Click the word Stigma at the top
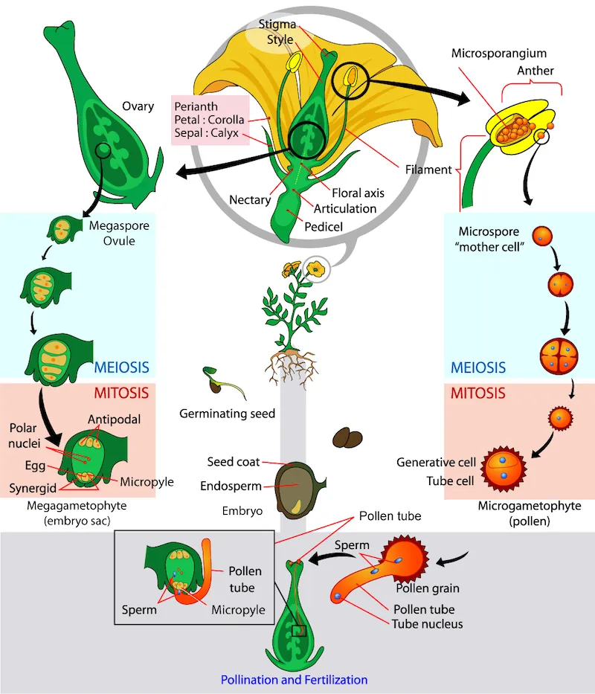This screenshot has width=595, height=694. [x=277, y=24]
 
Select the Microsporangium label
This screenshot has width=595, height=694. [x=499, y=54]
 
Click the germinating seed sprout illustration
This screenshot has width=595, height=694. [x=221, y=380]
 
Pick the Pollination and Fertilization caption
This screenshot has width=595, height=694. [x=294, y=679]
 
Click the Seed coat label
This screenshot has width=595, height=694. [x=234, y=462]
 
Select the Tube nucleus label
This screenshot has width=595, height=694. [x=427, y=623]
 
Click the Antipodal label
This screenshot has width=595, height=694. [x=115, y=420]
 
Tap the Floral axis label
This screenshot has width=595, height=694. [x=358, y=193]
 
